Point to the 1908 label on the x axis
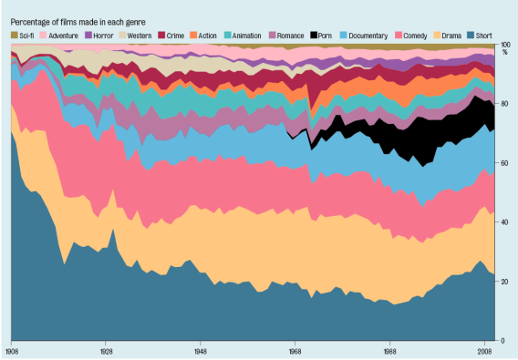tap(13, 350)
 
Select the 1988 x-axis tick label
tap(389, 350)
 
